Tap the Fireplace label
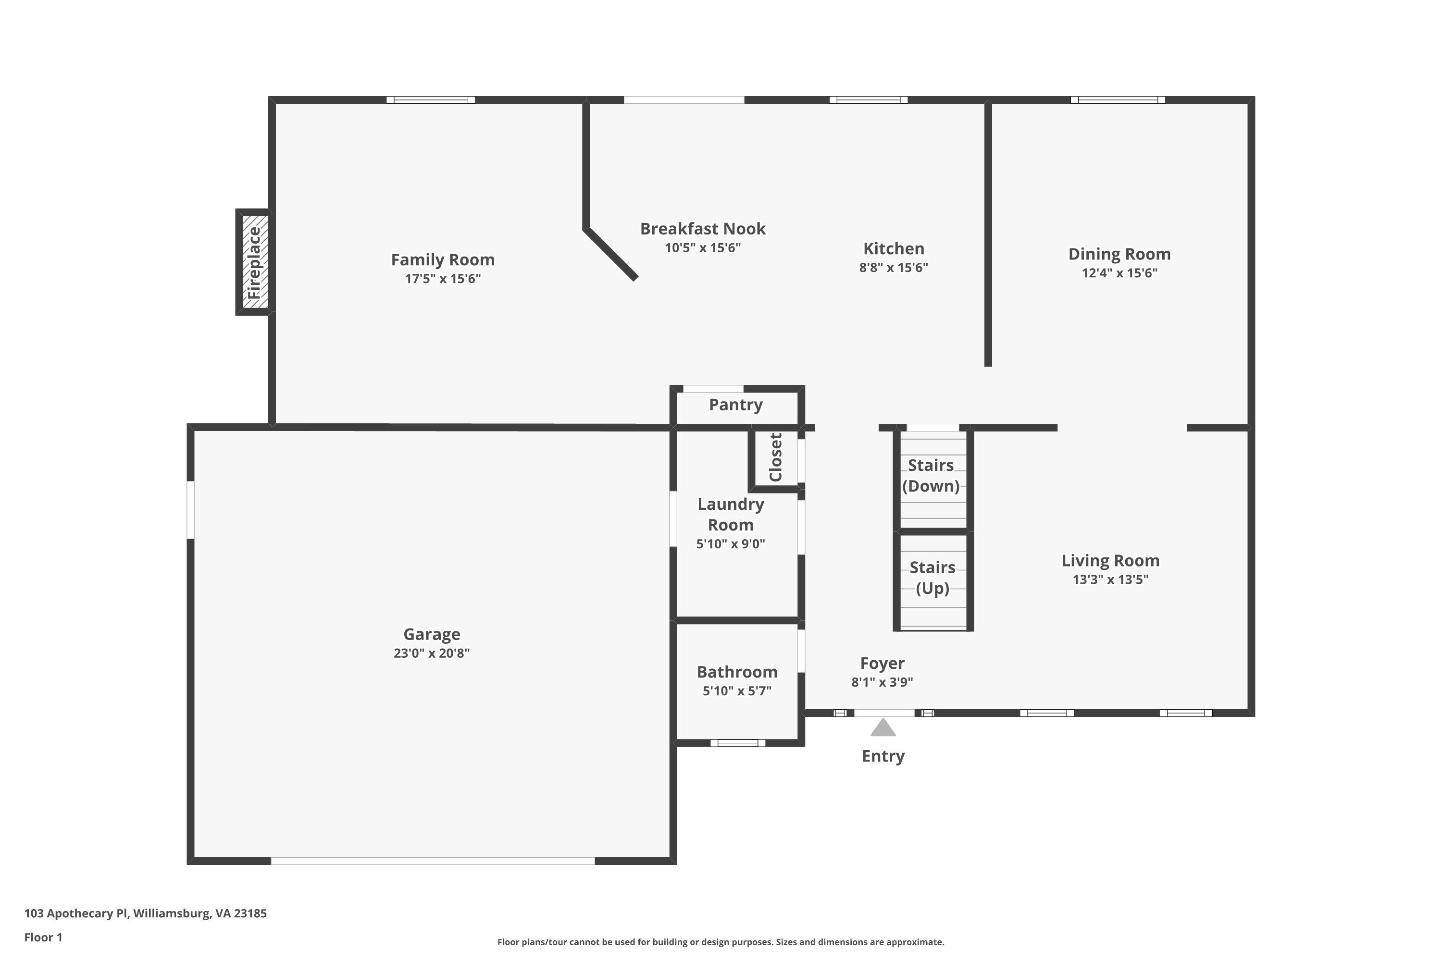point(254,263)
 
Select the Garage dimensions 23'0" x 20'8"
point(432,653)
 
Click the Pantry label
point(736,405)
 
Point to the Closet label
point(776,457)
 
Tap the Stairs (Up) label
point(932,578)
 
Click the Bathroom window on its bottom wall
point(738,743)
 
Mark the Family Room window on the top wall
point(431,100)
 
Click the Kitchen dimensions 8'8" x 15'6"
point(894,268)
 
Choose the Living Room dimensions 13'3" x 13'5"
point(1110,580)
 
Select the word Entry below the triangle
point(883,756)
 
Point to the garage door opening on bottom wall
point(433,861)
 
